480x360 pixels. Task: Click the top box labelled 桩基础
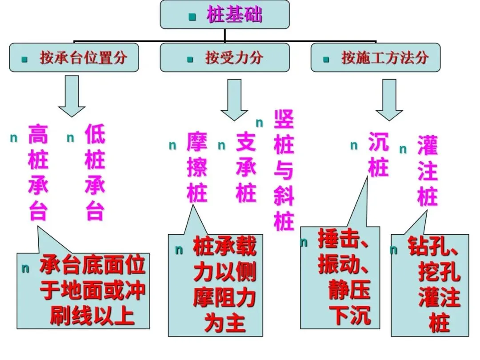[224, 15]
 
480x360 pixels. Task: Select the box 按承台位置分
[74, 57]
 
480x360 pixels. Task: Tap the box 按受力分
[224, 57]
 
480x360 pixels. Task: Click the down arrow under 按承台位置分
[72, 96]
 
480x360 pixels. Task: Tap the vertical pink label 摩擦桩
[197, 167]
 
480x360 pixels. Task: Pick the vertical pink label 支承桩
[246, 167]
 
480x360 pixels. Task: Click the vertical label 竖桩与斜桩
[284, 171]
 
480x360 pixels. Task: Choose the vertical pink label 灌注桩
[427, 171]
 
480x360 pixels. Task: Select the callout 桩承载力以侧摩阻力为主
[224, 285]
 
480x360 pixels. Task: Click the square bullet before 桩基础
[192, 17]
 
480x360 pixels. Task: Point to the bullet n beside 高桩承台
[14, 138]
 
